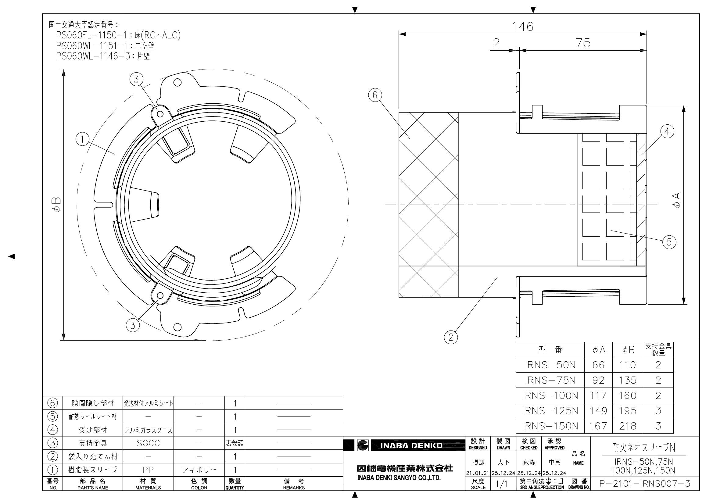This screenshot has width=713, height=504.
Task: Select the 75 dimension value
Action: tap(583, 43)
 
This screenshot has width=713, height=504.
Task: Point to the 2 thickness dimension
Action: tap(496, 43)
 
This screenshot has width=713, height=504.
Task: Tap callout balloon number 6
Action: tap(375, 95)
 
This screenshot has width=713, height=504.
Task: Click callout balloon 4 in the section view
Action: tap(667, 131)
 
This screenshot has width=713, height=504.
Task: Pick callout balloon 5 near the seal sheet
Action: tap(669, 242)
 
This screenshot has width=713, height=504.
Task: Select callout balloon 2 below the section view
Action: tap(451, 337)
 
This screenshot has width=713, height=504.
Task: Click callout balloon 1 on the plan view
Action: tap(82, 139)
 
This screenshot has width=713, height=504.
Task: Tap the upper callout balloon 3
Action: tap(136, 80)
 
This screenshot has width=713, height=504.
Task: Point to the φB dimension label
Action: tap(57, 205)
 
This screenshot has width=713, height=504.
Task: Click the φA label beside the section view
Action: tap(677, 200)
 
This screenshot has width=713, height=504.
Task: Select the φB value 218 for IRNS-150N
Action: tap(627, 426)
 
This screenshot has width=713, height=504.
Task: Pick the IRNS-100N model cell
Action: tap(550, 395)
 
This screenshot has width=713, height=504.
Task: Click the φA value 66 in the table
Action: tap(598, 365)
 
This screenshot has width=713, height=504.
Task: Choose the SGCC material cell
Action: tap(148, 443)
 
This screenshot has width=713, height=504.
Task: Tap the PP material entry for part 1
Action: tap(148, 470)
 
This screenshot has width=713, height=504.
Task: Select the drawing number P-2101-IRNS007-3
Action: tap(644, 484)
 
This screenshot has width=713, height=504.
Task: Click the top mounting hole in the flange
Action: tap(177, 83)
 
